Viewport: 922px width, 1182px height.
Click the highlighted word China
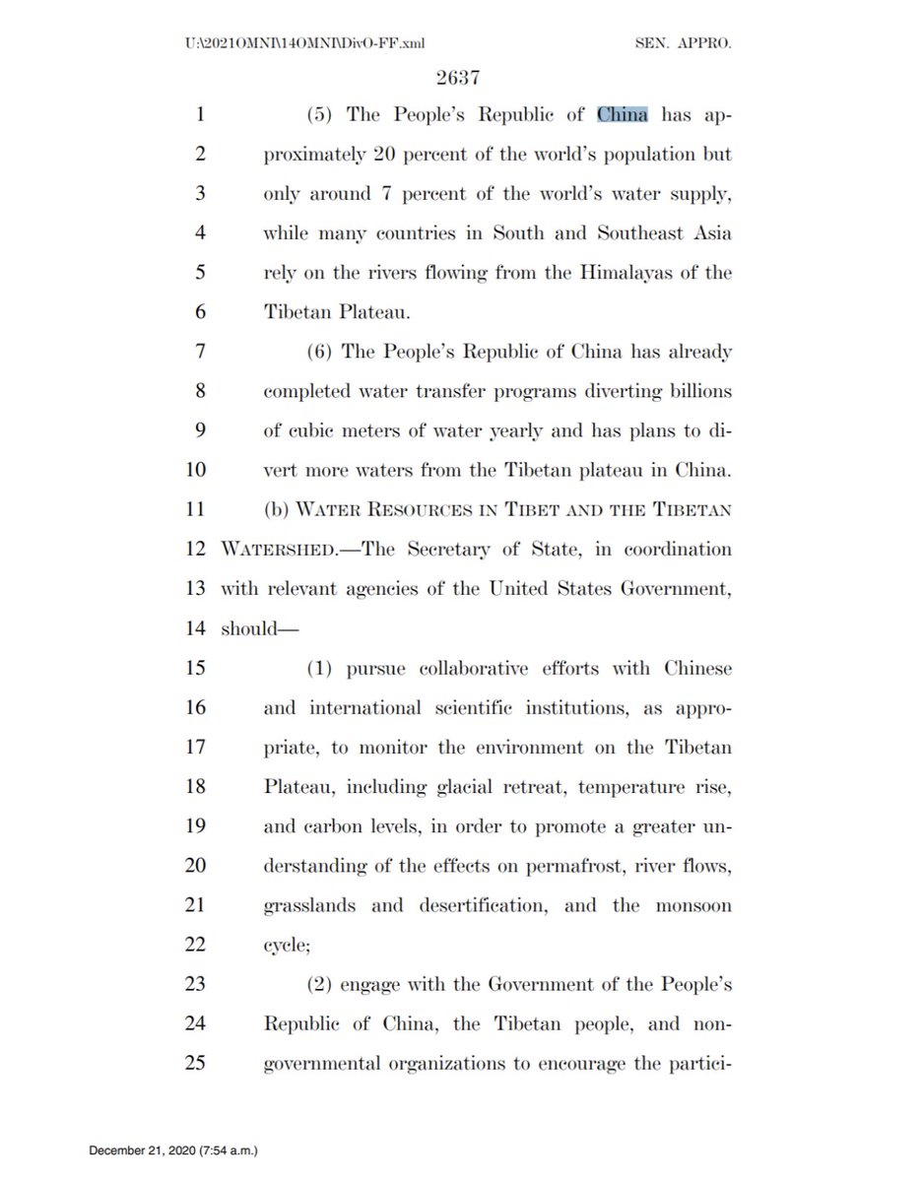623,115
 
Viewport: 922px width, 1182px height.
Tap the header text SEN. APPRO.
688,43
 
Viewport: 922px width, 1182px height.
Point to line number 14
196,628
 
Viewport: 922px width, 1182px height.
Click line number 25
194,1064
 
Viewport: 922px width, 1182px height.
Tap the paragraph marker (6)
320,353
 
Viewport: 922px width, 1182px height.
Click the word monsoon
694,905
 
